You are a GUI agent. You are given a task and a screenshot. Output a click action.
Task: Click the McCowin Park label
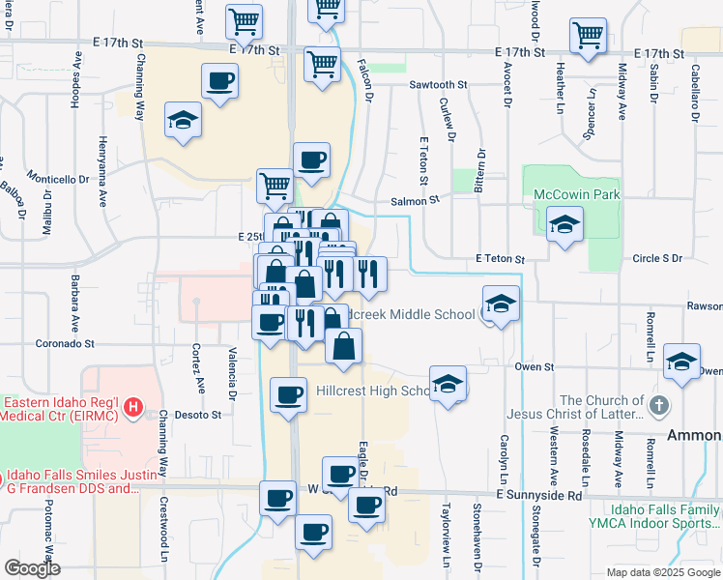coord(577,194)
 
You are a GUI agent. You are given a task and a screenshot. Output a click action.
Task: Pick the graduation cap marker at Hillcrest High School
coord(448,384)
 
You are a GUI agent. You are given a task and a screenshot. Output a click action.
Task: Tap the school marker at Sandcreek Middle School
coord(501,304)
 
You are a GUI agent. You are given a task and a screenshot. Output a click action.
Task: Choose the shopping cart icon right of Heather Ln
coord(588,37)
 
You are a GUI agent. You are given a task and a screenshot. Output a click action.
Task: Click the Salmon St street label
coord(415,200)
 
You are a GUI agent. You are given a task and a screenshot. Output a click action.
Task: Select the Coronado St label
coord(65,343)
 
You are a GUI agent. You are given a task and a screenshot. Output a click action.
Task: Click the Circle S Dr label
coord(656,259)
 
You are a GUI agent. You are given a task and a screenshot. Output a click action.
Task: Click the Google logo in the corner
coord(32,568)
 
